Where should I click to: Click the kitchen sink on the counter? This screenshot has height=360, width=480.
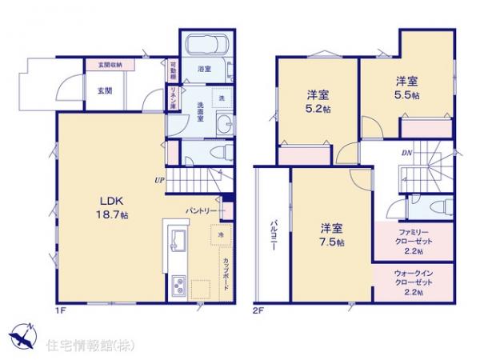[x=178, y=240]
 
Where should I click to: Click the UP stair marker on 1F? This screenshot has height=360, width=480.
[x=160, y=180]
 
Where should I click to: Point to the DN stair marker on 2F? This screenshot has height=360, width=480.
[x=406, y=152]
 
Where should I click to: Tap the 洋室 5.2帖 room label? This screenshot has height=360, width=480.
[x=316, y=102]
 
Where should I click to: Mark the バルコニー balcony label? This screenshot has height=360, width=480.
[x=273, y=237]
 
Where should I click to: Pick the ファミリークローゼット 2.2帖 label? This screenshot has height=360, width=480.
[x=414, y=239]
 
